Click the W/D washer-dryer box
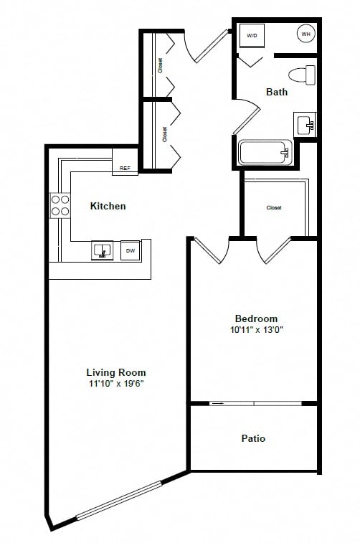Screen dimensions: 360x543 (252, 35)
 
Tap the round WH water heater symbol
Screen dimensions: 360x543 (305, 34)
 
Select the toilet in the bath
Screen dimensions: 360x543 (302, 75)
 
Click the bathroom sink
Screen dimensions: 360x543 (305, 124)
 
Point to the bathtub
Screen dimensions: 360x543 (265, 152)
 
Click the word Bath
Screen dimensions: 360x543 (277, 92)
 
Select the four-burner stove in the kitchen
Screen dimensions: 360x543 (60, 205)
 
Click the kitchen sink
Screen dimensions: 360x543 (102, 250)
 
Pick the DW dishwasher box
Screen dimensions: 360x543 (130, 250)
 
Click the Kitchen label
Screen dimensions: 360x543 (108, 206)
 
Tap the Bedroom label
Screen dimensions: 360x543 (256, 318)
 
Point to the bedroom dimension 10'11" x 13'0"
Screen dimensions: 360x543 (257, 330)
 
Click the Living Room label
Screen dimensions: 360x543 (116, 372)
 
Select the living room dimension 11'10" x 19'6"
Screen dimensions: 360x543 (116, 384)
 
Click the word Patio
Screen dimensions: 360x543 (253, 438)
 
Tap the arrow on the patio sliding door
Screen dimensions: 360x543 (217, 403)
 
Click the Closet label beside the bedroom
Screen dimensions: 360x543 (274, 207)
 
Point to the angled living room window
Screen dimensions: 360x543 (119, 501)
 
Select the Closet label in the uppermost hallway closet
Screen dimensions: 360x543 (160, 65)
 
